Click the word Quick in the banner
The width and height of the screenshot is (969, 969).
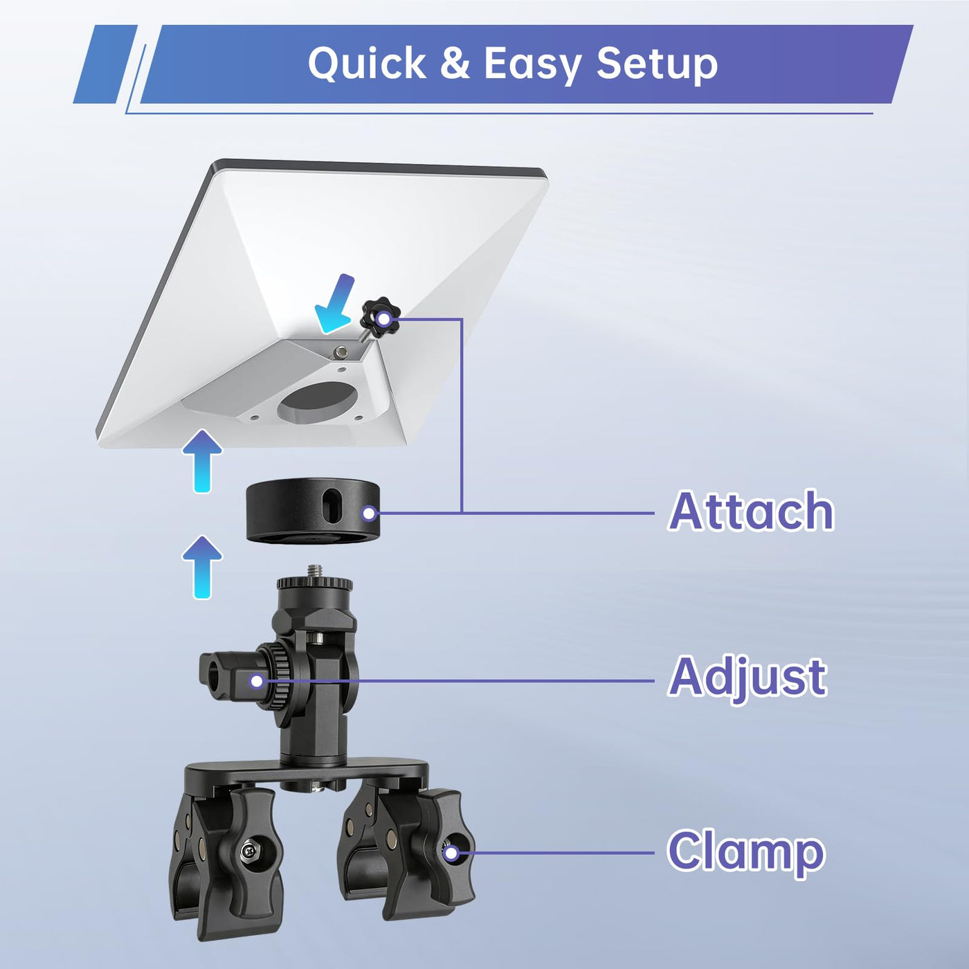(368, 64)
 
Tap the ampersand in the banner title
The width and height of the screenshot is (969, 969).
(455, 64)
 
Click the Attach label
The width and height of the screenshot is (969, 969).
(751, 511)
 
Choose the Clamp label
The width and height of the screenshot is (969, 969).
(745, 851)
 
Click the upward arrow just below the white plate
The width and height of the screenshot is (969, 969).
(201, 460)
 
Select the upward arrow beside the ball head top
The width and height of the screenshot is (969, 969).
(201, 568)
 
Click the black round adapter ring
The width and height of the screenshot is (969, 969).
(311, 510)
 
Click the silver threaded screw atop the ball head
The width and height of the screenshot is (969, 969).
(314, 571)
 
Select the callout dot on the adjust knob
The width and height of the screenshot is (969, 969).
(257, 681)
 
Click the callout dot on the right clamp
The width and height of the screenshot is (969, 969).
(451, 853)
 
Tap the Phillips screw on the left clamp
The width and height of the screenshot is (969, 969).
(250, 850)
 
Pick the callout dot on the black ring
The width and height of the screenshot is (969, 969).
(370, 514)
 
